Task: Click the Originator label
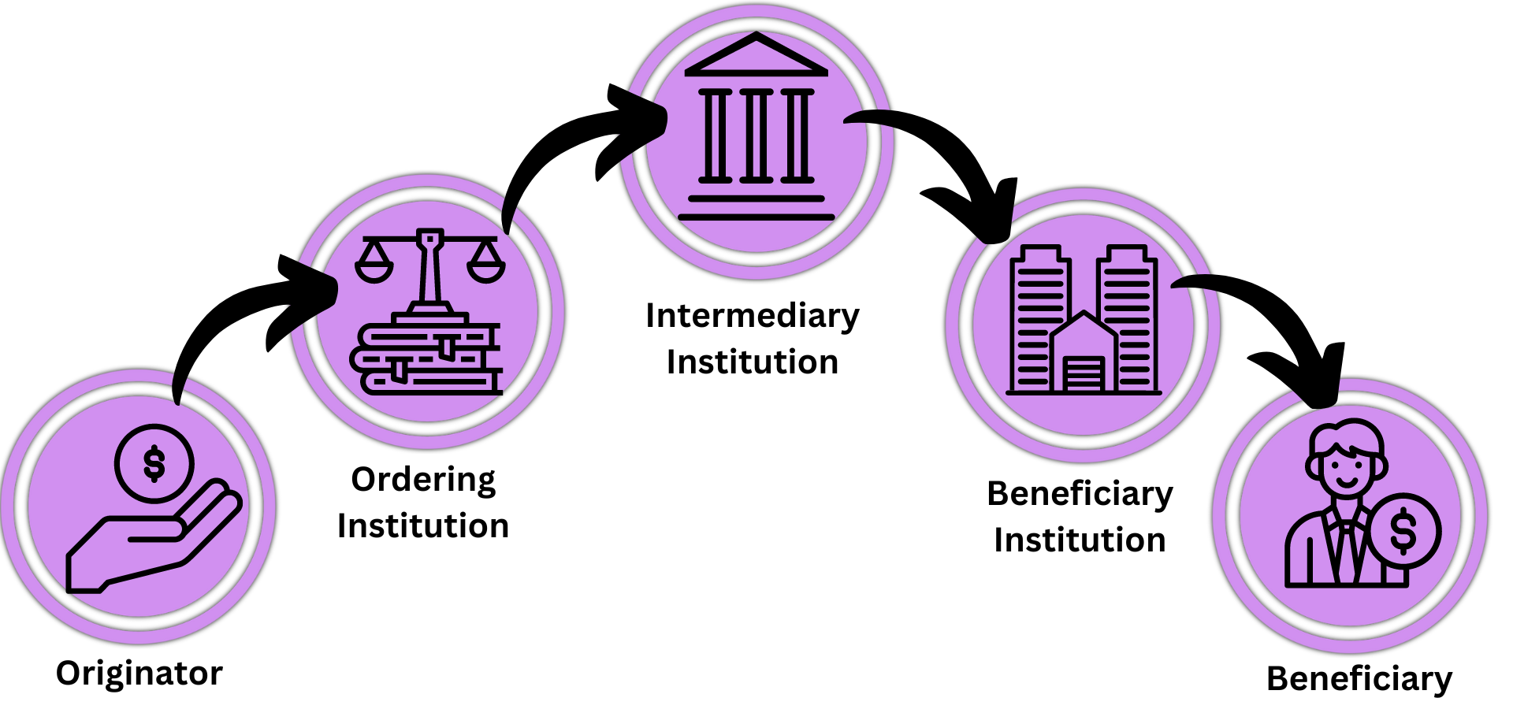[139, 674]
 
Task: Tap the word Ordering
[423, 480]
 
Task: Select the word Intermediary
[752, 316]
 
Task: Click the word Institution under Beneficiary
[1080, 540]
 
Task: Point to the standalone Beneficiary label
[1359, 679]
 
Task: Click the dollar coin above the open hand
[154, 463]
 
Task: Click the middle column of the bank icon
[756, 135]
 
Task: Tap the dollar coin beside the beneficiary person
[1403, 531]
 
